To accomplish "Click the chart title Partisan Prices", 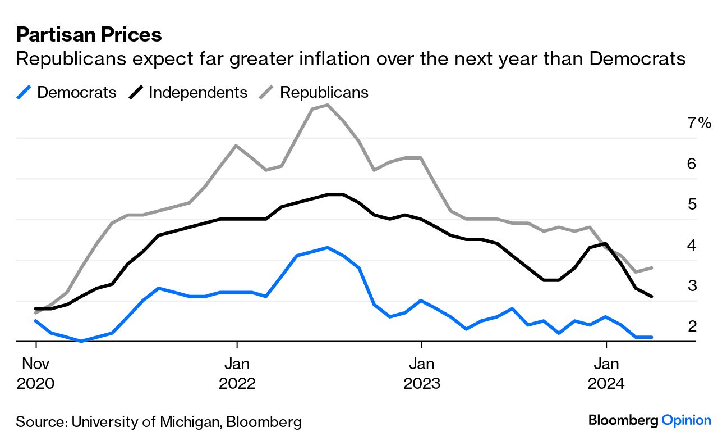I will (x=89, y=35).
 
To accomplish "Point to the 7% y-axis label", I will (x=699, y=123).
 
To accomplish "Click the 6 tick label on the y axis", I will (x=691, y=164).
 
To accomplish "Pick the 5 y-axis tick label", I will (x=691, y=205).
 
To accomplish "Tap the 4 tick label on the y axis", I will (x=691, y=246).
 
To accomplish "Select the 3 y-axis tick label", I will (x=691, y=286).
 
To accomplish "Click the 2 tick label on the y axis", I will (x=691, y=326).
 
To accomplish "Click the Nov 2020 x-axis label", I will (x=36, y=374).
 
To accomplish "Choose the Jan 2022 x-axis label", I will (x=237, y=374).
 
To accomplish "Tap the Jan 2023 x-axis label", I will (x=421, y=374).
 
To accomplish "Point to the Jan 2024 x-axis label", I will (x=606, y=374).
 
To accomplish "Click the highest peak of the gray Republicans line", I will (x=327, y=105).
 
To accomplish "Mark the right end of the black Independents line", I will (x=651, y=296).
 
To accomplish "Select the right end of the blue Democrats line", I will (x=651, y=337).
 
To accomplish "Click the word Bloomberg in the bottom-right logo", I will (x=623, y=420).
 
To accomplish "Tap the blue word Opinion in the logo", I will (x=686, y=420).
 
